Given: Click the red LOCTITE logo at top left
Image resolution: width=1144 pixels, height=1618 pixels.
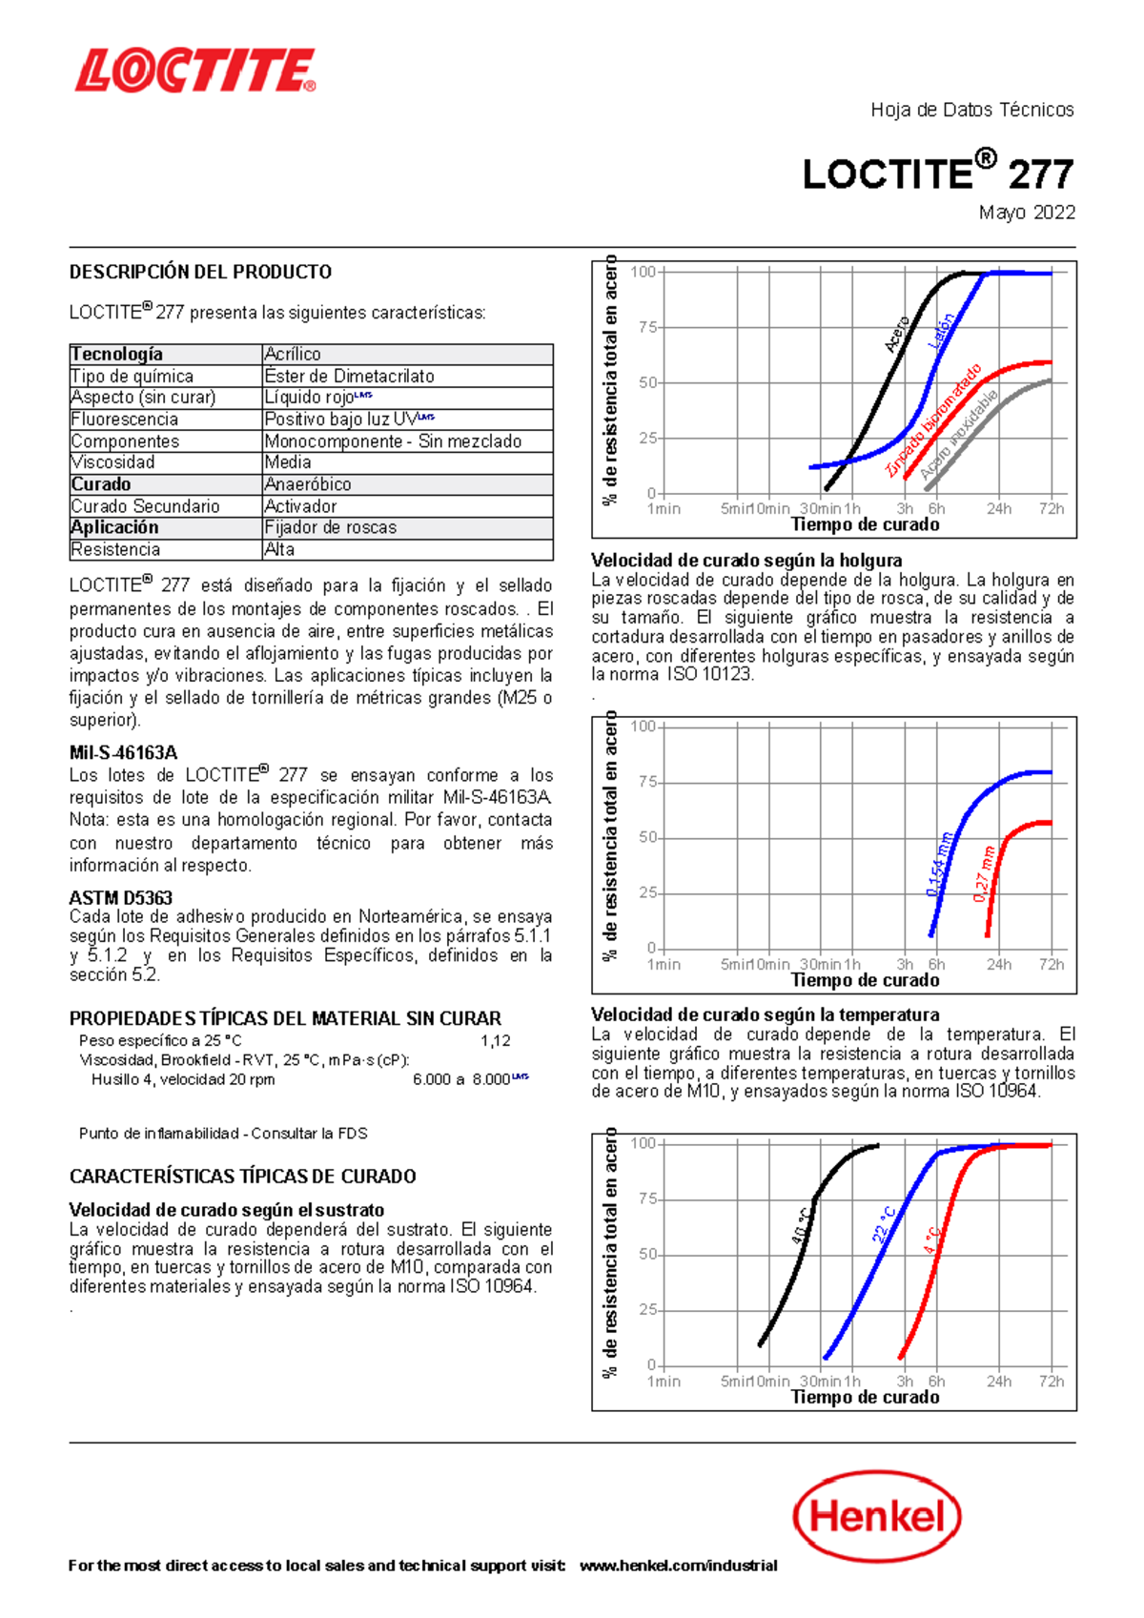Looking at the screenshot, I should [x=195, y=72].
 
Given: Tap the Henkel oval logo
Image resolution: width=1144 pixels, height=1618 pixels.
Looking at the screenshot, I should [x=876, y=1516].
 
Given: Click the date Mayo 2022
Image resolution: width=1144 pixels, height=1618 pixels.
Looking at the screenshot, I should [x=1027, y=213].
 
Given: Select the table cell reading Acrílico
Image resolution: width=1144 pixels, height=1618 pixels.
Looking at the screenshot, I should [x=293, y=355].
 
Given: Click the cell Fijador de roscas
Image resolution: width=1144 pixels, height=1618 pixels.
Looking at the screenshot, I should [x=330, y=527].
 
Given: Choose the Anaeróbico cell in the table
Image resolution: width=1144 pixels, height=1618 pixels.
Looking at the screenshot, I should [x=307, y=484].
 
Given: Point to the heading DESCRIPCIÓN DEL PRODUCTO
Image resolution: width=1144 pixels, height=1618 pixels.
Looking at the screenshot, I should [x=200, y=272].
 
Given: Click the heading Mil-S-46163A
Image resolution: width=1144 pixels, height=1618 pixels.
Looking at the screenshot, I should [x=123, y=752].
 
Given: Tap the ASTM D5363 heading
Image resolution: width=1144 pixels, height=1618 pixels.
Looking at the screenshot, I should [x=121, y=898].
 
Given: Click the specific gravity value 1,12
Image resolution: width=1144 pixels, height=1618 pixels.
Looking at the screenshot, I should [x=495, y=1041].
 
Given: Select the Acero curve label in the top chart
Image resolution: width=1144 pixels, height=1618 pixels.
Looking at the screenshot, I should [x=897, y=334].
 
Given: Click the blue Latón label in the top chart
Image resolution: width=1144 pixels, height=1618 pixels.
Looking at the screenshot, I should [x=941, y=331].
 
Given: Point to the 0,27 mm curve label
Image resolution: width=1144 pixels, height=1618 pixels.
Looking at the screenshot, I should [x=984, y=873].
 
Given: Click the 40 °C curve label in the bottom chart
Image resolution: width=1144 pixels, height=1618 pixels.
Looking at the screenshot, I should [x=802, y=1226].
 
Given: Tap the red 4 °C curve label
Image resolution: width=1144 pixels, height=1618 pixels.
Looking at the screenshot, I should [x=932, y=1239].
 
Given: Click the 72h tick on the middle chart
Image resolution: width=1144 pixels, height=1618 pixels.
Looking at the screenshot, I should [x=1052, y=965].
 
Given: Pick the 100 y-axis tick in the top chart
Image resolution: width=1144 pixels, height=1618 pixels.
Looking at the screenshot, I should [x=643, y=273].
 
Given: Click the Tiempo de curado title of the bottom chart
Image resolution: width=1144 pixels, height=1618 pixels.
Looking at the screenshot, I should [x=865, y=1397].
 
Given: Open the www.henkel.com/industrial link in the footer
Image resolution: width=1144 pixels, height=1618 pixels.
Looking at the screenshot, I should [x=678, y=1566].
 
